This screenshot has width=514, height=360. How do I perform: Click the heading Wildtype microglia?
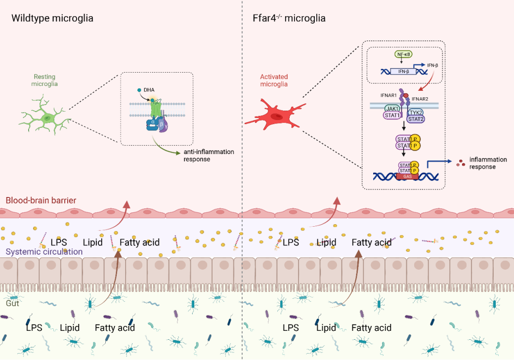tap(52, 19)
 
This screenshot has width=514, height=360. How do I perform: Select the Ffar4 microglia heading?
tap(286, 19)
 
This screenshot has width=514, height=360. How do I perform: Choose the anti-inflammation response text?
tap(209, 156)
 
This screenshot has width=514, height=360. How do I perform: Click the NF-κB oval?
tap(403, 54)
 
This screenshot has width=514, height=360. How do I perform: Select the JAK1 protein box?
tap(393, 109)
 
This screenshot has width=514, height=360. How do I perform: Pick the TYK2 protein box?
tap(416, 112)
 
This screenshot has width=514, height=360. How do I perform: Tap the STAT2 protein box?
tap(416, 119)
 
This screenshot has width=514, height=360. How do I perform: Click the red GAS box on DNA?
tap(407, 176)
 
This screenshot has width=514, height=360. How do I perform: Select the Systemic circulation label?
tap(44, 252)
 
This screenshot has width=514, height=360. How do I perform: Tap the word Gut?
tap(12, 303)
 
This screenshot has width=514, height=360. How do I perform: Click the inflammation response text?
tap(488, 163)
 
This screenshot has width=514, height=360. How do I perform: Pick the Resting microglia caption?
tap(44, 80)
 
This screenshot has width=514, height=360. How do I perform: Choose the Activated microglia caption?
tap(274, 80)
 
